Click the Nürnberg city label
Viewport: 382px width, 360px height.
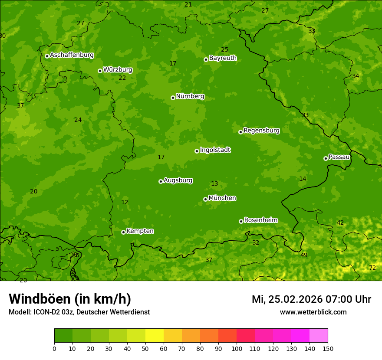[x=190, y=96]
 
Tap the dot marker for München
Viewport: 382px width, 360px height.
[x=205, y=199]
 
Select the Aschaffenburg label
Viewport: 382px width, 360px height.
[x=72, y=55]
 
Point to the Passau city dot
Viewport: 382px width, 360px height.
[x=326, y=158]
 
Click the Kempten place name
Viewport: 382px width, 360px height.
[x=140, y=231]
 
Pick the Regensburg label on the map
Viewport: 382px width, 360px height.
[x=261, y=131]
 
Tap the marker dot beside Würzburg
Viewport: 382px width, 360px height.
[x=100, y=71]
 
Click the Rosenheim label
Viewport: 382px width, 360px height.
[x=260, y=220]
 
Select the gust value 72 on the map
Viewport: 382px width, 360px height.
[x=372, y=268]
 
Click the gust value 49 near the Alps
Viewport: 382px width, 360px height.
[x=304, y=255]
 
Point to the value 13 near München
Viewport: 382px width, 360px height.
[x=214, y=184]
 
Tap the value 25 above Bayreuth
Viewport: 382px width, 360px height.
[x=224, y=50]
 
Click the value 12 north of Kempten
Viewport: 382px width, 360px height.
[x=125, y=203]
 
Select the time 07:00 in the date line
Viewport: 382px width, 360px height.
[x=332, y=299]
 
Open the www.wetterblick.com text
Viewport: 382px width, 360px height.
[x=313, y=312]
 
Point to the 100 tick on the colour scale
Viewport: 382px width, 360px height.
[x=237, y=349]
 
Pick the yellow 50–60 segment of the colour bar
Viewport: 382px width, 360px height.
[x=155, y=336]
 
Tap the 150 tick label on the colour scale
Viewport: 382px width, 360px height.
[x=328, y=349]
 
